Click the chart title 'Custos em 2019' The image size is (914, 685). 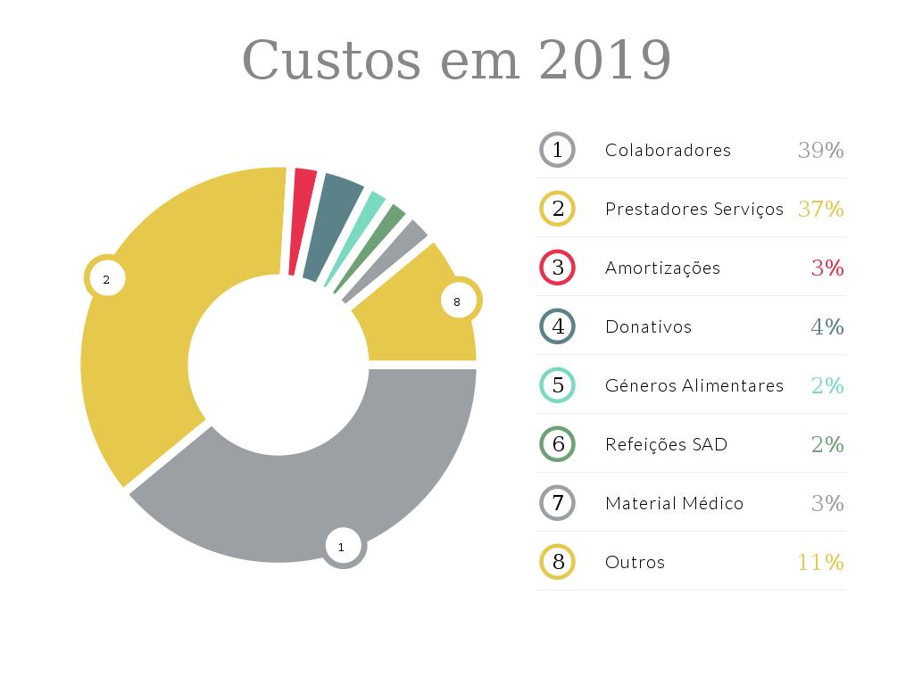coord(456,61)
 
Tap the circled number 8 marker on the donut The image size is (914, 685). coord(457,301)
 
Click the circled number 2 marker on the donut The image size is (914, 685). coord(106,279)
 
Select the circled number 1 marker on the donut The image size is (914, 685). coord(342,547)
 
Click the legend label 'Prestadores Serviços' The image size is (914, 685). coord(694,209)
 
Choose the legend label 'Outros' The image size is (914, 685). coord(635,562)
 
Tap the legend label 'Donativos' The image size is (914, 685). coord(648,326)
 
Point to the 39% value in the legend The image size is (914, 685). coord(820,150)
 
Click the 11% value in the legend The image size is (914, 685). coord(820,562)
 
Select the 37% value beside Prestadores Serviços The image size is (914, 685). coord(820,209)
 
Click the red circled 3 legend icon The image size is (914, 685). coord(558,268)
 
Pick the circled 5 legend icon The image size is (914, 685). coord(558,385)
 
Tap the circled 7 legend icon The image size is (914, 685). coord(558,503)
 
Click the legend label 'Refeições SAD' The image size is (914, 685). coord(666,444)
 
